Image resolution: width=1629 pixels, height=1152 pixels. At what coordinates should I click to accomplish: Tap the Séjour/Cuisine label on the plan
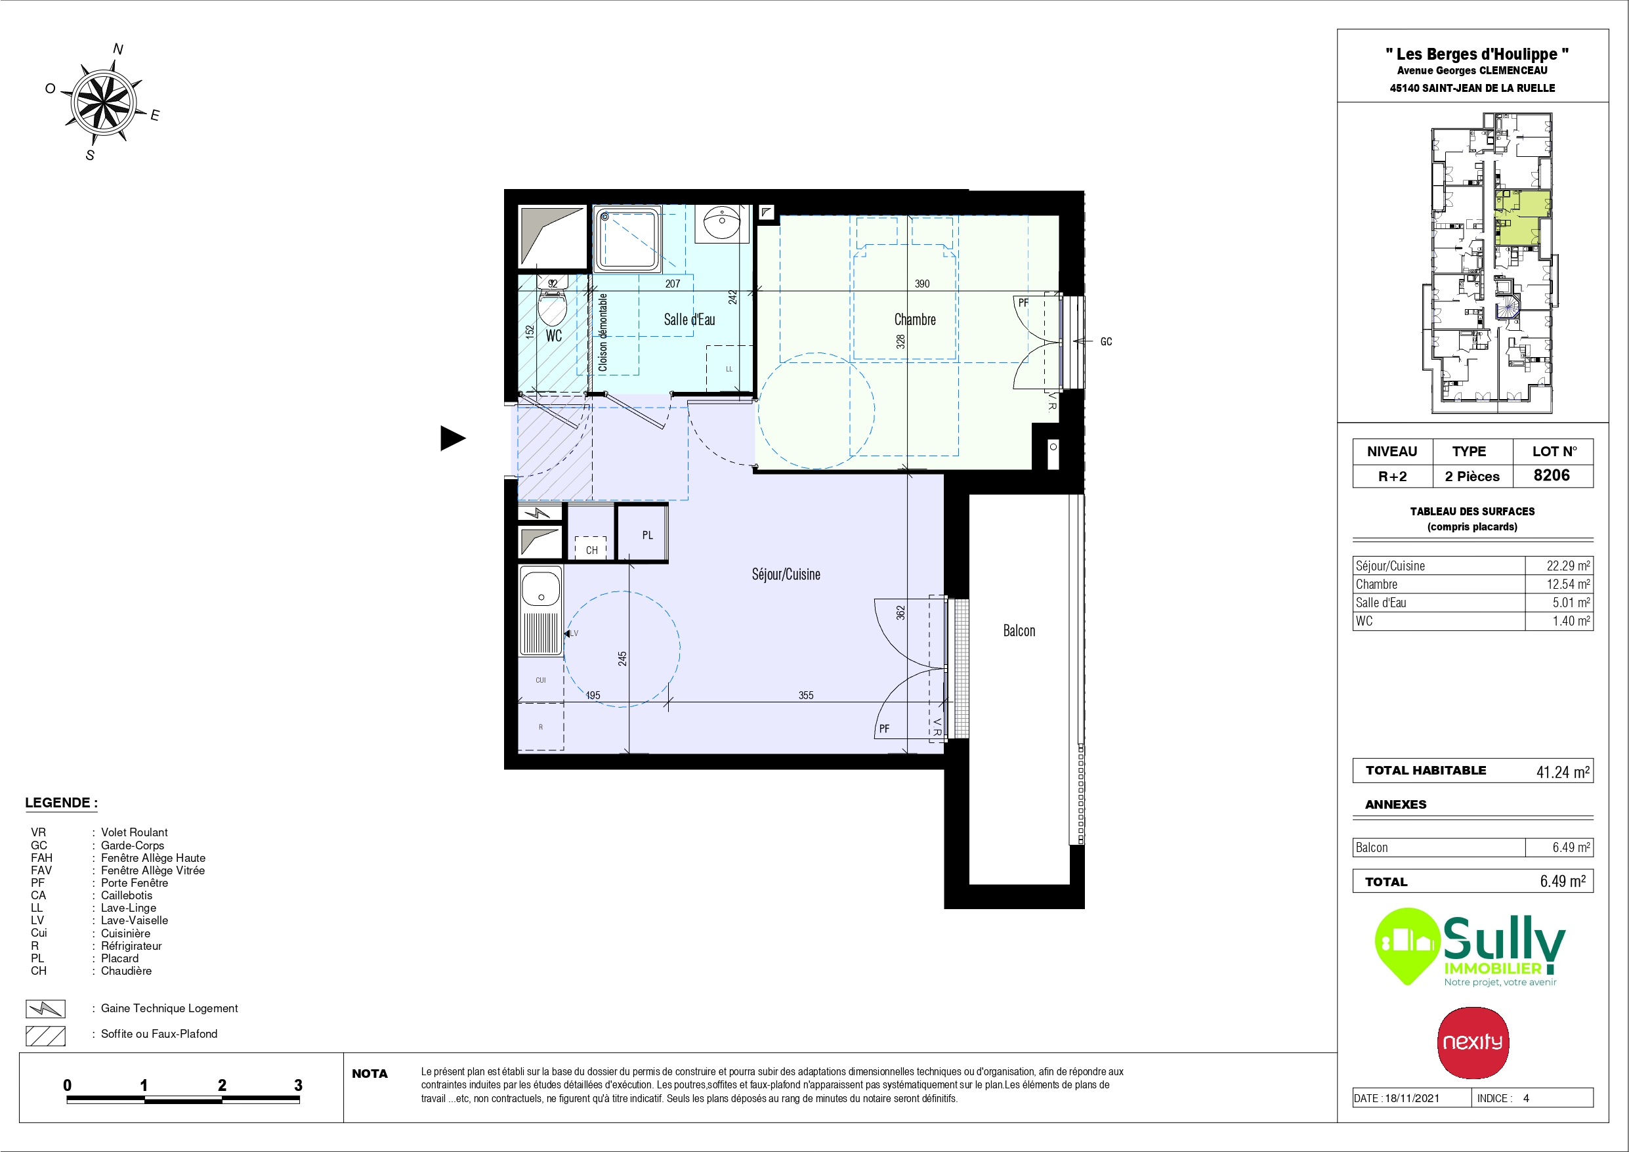(x=786, y=574)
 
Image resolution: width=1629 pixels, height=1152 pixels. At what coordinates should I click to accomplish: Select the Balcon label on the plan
(x=1019, y=631)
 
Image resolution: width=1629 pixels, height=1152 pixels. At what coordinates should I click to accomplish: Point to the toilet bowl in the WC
(x=553, y=306)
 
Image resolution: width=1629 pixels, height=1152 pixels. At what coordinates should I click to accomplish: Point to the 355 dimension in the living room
(x=806, y=696)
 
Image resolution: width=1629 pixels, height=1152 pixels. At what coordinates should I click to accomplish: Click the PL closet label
(x=647, y=535)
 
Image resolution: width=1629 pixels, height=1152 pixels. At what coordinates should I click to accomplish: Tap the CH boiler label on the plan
(x=592, y=550)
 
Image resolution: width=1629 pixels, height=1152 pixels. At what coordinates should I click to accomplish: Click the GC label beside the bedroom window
(x=1106, y=341)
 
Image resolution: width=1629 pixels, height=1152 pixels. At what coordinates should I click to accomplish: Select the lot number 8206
(x=1552, y=475)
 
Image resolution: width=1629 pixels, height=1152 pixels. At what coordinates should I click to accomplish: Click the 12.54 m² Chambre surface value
(x=1568, y=584)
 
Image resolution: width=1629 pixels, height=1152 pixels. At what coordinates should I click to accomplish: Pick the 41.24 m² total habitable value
(x=1563, y=771)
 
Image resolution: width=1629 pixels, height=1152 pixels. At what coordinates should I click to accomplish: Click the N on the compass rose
(x=117, y=49)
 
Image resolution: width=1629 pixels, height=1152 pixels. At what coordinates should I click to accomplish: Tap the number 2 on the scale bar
(x=222, y=1084)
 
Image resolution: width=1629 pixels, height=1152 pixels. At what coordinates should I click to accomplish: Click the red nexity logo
(x=1473, y=1042)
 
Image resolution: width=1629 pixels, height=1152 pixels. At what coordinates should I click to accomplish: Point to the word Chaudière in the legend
(x=126, y=970)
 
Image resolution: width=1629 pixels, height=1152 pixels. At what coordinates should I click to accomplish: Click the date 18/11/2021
(x=1412, y=1098)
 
